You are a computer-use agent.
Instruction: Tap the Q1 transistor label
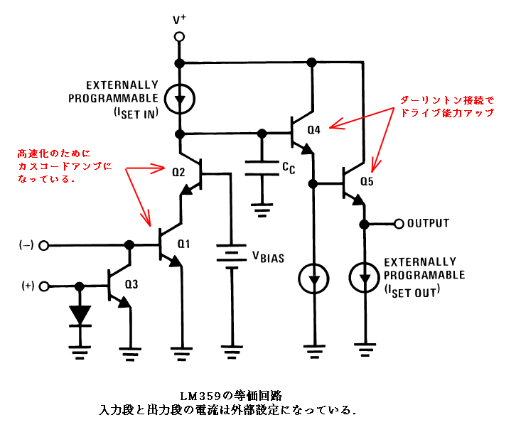(x=184, y=244)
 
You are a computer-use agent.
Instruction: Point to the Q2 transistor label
(x=178, y=171)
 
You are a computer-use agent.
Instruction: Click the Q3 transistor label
(x=131, y=284)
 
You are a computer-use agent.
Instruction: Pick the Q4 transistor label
(x=314, y=130)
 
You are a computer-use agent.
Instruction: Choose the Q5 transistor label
(x=367, y=181)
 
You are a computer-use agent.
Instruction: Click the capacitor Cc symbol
(x=262, y=168)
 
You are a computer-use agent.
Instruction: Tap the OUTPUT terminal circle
(x=399, y=223)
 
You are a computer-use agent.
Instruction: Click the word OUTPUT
(x=428, y=223)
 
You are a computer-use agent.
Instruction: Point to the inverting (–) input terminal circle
(x=44, y=245)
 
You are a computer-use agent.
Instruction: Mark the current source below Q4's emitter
(x=313, y=278)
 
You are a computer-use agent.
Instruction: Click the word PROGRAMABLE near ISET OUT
(x=425, y=274)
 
